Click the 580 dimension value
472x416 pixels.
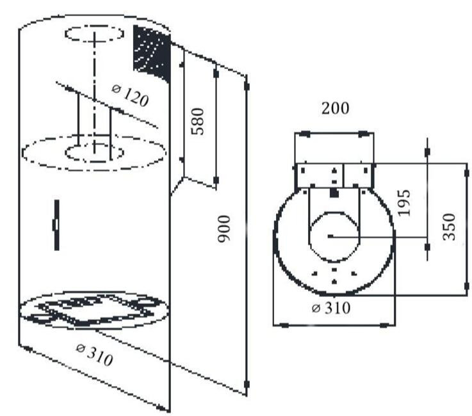(x=198, y=121)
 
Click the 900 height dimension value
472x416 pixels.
(x=224, y=228)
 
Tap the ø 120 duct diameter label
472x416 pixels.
(x=130, y=95)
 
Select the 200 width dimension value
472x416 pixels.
(x=336, y=108)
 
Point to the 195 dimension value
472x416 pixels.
(x=404, y=203)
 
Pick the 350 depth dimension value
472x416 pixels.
(x=449, y=227)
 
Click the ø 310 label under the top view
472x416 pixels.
(x=331, y=308)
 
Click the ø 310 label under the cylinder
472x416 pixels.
(x=95, y=355)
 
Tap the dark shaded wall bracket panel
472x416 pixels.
(x=152, y=52)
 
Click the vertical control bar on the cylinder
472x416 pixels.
(x=56, y=225)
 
